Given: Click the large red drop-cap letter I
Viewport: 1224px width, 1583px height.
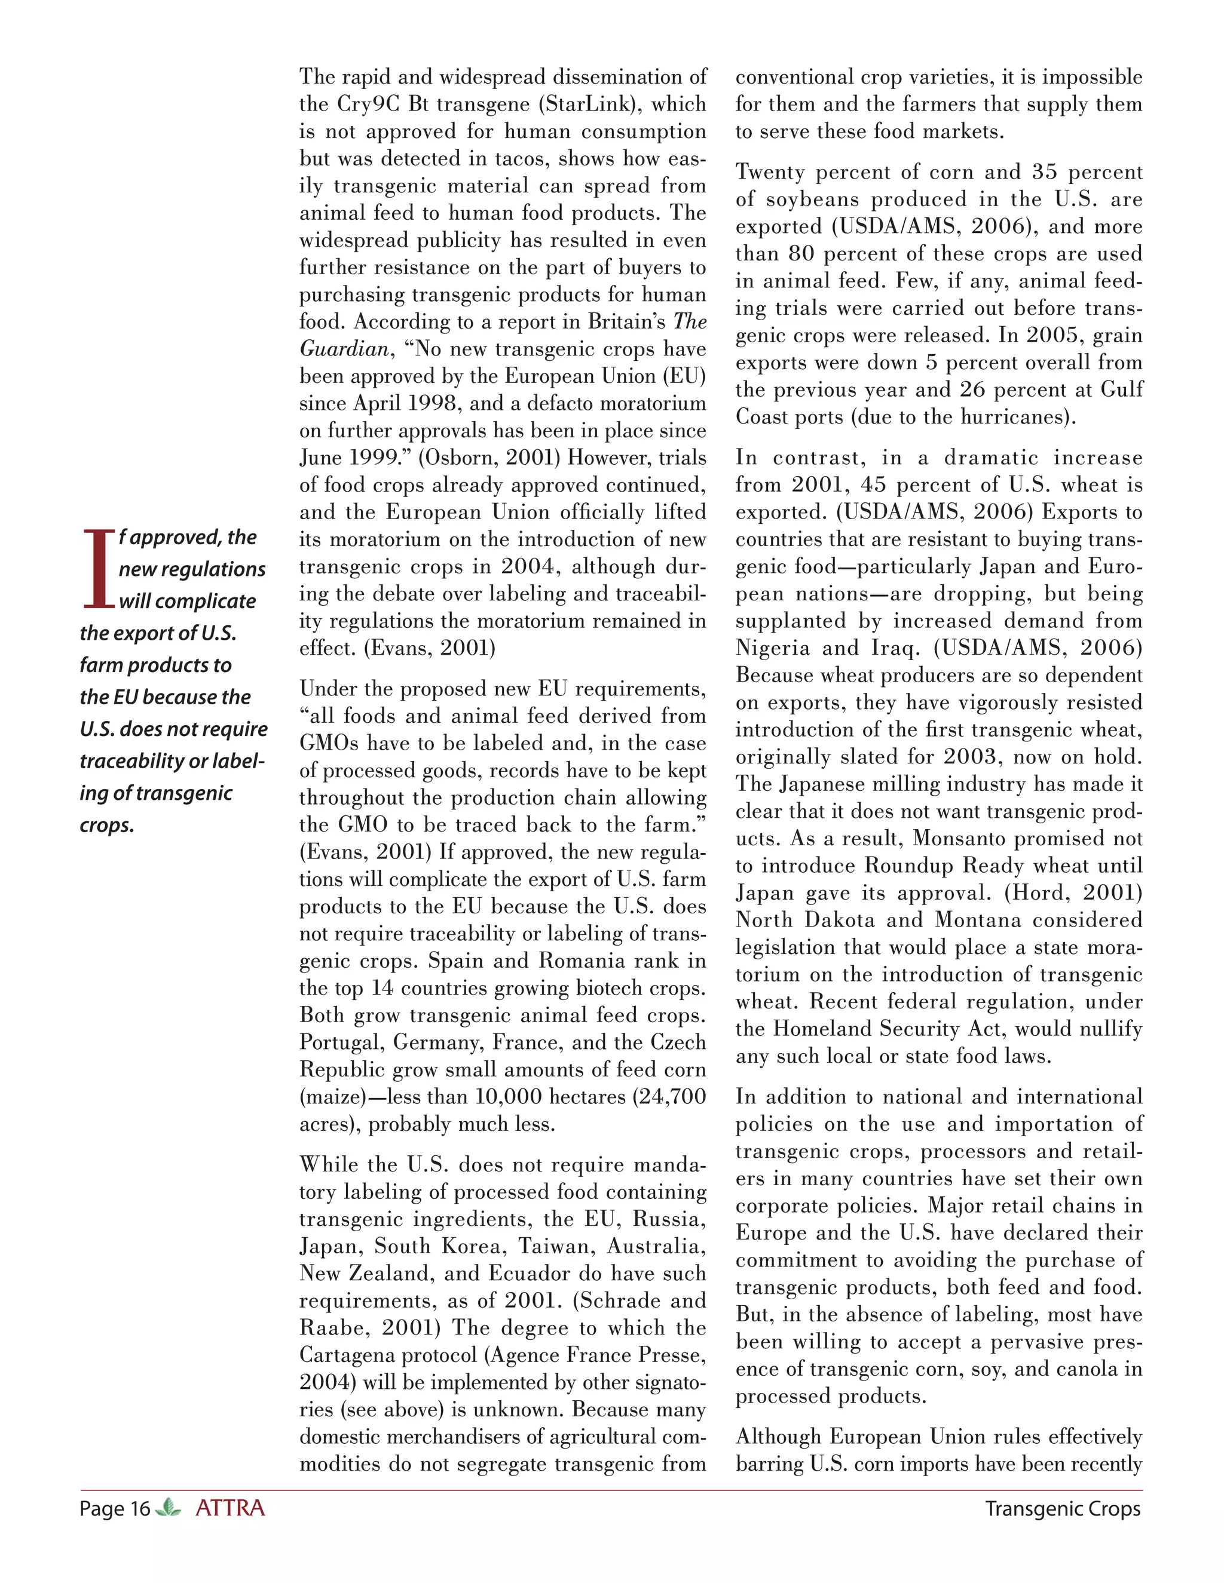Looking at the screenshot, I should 98,569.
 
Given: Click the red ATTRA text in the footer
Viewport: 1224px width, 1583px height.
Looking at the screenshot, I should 230,1508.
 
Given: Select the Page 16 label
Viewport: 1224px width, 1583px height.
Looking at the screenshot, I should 115,1509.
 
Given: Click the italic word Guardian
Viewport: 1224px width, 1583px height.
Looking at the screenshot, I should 344,349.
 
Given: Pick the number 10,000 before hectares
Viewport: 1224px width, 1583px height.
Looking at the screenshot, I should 509,1097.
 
